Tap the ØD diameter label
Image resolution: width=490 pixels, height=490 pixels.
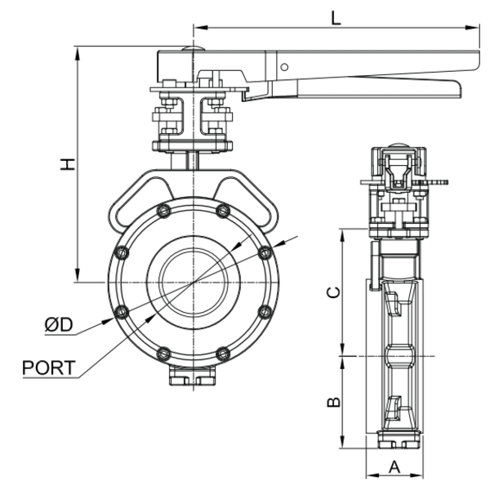[59, 324]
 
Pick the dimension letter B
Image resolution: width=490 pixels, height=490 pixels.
[332, 402]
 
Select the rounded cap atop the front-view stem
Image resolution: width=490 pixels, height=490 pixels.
[192, 51]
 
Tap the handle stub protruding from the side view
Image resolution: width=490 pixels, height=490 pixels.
[438, 180]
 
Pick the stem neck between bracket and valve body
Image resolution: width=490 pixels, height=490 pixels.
[193, 160]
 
